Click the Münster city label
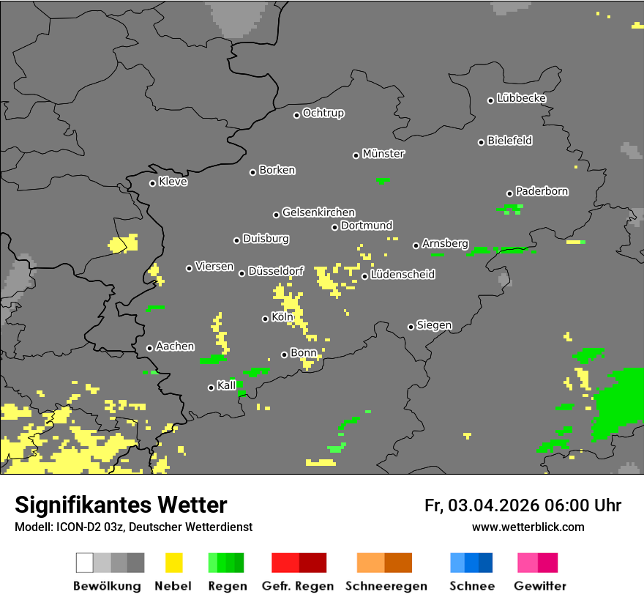point(383,154)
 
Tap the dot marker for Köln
point(265,319)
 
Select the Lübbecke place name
point(521,98)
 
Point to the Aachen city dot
point(149,348)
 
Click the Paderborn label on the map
point(542,191)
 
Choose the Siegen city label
point(434,325)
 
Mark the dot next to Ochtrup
point(296,115)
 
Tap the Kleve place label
point(173,182)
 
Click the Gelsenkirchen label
point(318,212)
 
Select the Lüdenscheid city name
point(402,275)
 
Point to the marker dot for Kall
point(211,388)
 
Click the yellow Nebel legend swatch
point(173,563)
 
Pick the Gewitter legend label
point(539,586)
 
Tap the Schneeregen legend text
point(386,586)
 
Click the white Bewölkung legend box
point(85,563)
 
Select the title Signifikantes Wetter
point(121,505)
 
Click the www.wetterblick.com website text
point(528,527)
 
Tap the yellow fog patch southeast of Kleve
point(123,243)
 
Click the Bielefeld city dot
point(481,142)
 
